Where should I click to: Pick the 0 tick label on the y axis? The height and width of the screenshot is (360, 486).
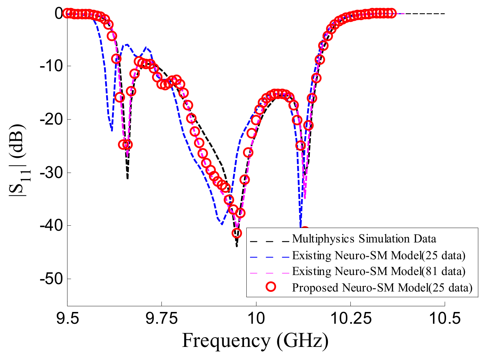58,13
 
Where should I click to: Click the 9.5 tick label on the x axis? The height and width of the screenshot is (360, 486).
67,318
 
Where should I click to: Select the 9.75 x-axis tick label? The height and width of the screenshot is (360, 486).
162,318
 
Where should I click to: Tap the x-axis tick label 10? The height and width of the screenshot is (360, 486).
256,318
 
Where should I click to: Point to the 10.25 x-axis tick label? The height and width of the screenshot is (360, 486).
350,318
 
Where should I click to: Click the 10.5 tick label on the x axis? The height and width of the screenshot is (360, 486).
445,318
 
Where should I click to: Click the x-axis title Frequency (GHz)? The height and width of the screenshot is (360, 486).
255,341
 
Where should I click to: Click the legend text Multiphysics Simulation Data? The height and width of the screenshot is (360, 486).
364,239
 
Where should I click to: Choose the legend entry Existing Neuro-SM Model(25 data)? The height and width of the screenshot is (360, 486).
379,255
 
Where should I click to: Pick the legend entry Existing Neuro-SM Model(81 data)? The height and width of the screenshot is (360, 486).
379,271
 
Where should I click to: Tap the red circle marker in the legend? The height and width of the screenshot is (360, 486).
271,287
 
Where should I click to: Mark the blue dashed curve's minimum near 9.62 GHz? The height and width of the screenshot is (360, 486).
112,130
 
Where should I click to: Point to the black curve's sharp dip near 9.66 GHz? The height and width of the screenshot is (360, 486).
128,178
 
